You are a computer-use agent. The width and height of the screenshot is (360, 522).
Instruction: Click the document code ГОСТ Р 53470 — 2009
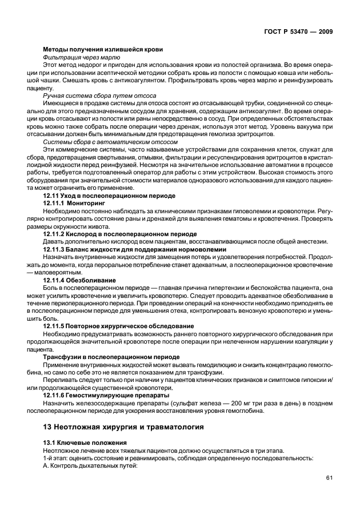(x=301, y=32)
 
